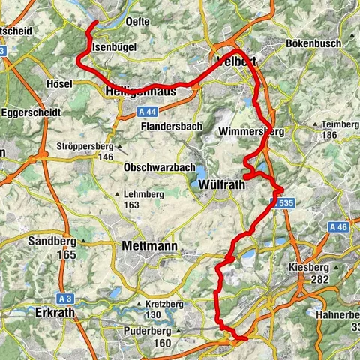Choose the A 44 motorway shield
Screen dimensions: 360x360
(148, 110)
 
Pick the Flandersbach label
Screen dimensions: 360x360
(172, 127)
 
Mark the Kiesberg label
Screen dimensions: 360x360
(310, 267)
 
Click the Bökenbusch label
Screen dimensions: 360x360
(313, 44)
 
